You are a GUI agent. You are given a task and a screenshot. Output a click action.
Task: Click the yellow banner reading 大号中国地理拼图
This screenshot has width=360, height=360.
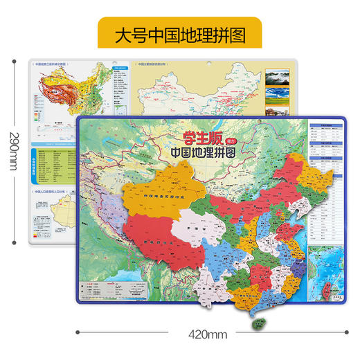(x=179, y=33)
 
